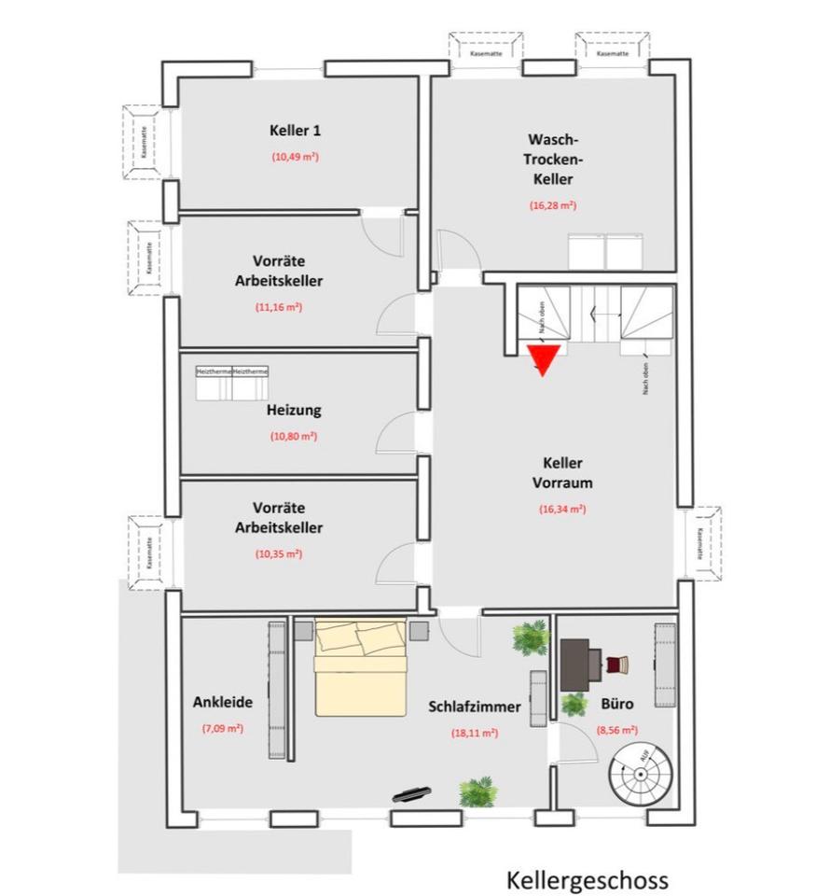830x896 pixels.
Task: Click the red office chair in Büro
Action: (x=616, y=665)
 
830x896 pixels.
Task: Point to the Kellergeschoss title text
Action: (x=588, y=880)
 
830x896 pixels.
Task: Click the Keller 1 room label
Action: (x=295, y=130)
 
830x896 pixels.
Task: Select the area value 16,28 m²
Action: (x=552, y=204)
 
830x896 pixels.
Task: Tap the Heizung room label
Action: (x=294, y=410)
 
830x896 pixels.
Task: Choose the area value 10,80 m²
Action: (x=294, y=436)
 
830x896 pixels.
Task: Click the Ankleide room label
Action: (x=223, y=702)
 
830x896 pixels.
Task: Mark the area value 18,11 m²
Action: (x=475, y=733)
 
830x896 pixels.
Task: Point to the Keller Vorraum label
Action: (x=562, y=473)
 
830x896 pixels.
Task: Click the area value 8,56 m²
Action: (x=617, y=731)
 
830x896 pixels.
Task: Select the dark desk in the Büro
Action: (x=580, y=663)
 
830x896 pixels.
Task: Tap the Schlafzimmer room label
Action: (x=475, y=707)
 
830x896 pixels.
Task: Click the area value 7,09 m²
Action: (x=223, y=728)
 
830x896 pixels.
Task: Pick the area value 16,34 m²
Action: (x=562, y=510)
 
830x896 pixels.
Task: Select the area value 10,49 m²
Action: (x=296, y=157)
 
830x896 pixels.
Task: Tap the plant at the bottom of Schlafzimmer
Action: (x=477, y=792)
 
